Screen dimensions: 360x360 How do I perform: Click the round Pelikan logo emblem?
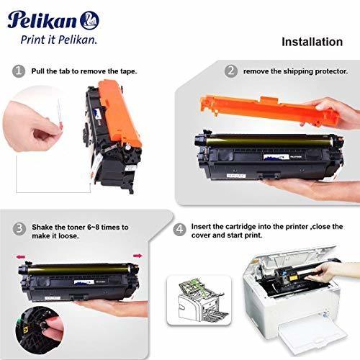pos(89,20)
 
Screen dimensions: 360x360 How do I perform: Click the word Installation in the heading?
pos(312,42)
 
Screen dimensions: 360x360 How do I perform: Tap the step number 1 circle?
pos(19,71)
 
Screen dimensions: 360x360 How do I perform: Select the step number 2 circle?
pos(231,71)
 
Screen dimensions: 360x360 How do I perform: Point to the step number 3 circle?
pos(19,228)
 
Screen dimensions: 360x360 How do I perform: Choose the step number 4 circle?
pos(179,229)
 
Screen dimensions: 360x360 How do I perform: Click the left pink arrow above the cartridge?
pos(21,257)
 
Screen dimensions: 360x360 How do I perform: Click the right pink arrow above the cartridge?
pos(138,256)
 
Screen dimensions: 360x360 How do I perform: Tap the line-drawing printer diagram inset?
pos(199,300)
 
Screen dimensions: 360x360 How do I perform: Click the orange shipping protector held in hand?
pos(269,109)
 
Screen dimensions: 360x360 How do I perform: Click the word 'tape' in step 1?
pos(127,71)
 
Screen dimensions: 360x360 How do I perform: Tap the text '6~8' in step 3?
pos(93,227)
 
